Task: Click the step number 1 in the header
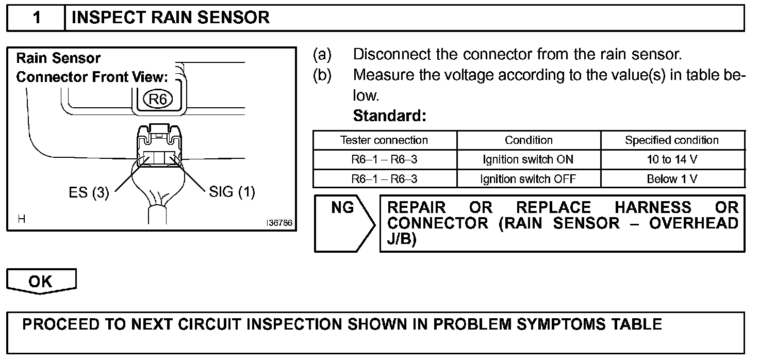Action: pyautogui.click(x=37, y=19)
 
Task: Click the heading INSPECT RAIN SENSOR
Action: pyautogui.click(x=171, y=19)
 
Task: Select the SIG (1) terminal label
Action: pyautogui.click(x=232, y=192)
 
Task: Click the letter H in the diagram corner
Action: pyautogui.click(x=22, y=219)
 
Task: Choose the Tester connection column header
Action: pyautogui.click(x=384, y=140)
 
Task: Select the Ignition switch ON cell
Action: pyautogui.click(x=529, y=160)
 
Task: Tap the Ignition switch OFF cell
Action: pyautogui.click(x=529, y=179)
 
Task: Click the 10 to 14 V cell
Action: pyautogui.click(x=672, y=160)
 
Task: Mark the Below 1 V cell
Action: pyautogui.click(x=672, y=179)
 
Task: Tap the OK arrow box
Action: pyautogui.click(x=41, y=282)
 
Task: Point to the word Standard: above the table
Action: pyautogui.click(x=389, y=116)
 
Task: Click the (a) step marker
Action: pyautogui.click(x=322, y=55)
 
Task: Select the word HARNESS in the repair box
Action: pyautogui.click(x=653, y=208)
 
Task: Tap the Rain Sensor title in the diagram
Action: pyautogui.click(x=58, y=58)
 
